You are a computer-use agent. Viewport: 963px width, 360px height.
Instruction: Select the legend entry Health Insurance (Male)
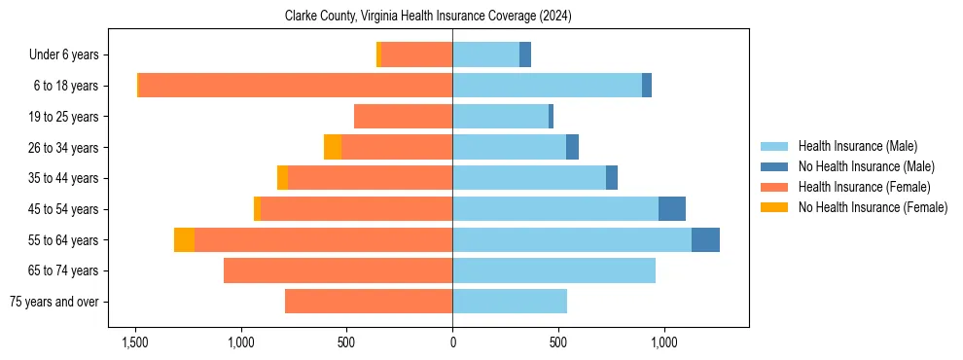pyautogui.click(x=857, y=146)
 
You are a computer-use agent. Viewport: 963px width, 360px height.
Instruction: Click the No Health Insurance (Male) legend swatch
pyautogui.click(x=774, y=166)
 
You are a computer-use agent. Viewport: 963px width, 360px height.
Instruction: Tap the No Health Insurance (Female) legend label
pyautogui.click(x=873, y=207)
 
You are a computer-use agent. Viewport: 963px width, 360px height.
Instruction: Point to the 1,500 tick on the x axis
pyautogui.click(x=134, y=342)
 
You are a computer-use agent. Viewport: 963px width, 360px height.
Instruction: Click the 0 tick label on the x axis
pyautogui.click(x=452, y=342)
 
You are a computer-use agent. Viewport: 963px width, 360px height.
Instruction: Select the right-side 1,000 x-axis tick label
pyautogui.click(x=663, y=342)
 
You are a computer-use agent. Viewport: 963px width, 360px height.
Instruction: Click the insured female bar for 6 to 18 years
pyautogui.click(x=296, y=86)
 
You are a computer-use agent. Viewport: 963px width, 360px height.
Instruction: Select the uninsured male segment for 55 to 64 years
pyautogui.click(x=705, y=239)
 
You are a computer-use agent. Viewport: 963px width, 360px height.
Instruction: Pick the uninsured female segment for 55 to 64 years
pyautogui.click(x=184, y=239)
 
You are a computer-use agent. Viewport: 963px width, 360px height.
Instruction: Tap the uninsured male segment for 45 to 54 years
pyautogui.click(x=672, y=208)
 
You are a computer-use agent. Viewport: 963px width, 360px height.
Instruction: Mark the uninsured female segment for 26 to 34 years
pyautogui.click(x=333, y=147)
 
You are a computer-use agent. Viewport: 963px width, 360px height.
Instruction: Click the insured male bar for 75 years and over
pyautogui.click(x=510, y=302)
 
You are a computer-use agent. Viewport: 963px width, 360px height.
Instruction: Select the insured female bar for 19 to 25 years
pyautogui.click(x=403, y=117)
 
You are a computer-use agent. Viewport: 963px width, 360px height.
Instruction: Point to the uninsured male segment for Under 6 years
pyautogui.click(x=525, y=54)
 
